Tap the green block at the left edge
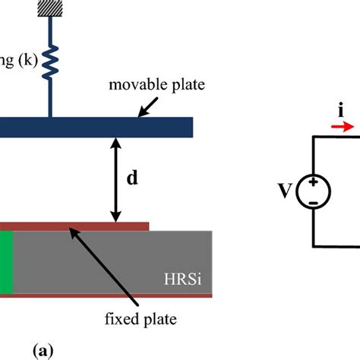tap(7, 263)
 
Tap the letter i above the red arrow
tap(338, 112)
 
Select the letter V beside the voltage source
tap(286, 191)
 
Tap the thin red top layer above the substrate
tap(76, 226)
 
